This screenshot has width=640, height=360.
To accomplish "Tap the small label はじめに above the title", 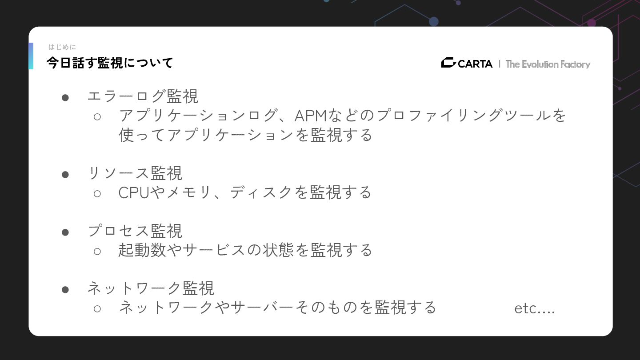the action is click(x=62, y=47).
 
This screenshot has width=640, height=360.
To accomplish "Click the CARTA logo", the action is click(x=467, y=64).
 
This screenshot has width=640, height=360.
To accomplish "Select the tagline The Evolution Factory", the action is click(x=548, y=64).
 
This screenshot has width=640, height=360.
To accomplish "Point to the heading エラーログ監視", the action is click(x=143, y=96).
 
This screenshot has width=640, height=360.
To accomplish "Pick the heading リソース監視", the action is click(x=135, y=173).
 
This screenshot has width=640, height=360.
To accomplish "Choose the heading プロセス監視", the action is click(x=135, y=231).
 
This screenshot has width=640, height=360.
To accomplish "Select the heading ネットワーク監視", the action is click(x=151, y=288).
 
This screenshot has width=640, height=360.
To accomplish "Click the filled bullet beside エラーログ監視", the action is click(x=65, y=97).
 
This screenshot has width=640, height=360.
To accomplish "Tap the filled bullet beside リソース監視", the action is click(x=65, y=174).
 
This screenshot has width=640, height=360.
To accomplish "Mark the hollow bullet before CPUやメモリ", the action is click(x=97, y=193).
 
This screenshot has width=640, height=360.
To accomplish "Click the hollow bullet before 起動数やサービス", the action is click(x=97, y=251).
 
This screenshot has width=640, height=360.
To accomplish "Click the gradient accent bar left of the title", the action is click(x=31, y=56).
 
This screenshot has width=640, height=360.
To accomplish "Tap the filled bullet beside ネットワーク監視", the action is click(x=65, y=289).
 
